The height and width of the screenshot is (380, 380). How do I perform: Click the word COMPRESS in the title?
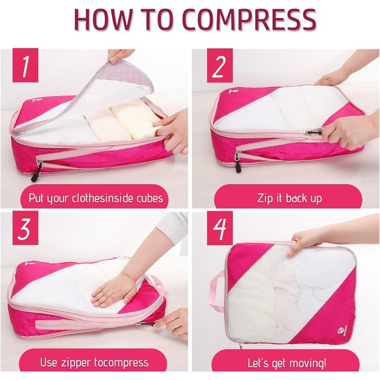pos(249,20)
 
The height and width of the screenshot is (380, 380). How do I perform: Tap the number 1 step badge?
pos(26,66)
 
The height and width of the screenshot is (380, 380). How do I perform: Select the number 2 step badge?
pos(220,66)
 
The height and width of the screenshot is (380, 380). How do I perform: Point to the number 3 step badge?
pos(26,228)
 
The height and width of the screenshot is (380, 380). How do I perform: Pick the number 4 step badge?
pos(220,228)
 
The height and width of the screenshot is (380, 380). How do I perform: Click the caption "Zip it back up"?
pos(289,198)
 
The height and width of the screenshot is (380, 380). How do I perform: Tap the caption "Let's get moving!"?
pos(287,363)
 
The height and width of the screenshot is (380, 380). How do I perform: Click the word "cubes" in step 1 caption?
pos(150,198)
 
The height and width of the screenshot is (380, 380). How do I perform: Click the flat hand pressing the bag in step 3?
pos(113,289)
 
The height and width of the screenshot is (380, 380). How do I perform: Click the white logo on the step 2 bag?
pos(233,92)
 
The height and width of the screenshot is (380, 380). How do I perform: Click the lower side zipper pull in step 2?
pos(238,161)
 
